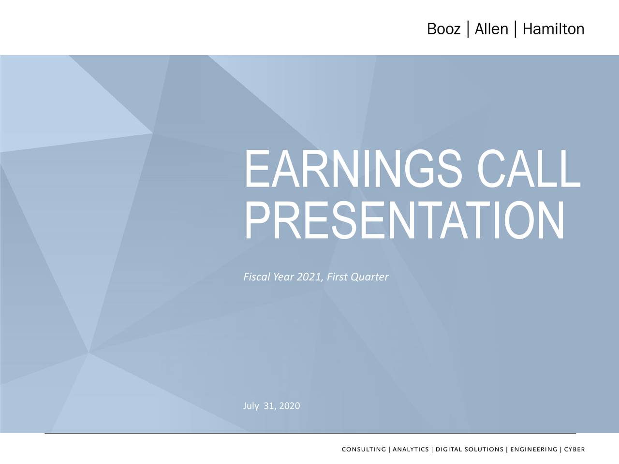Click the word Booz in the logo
pos(443,30)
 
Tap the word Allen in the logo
pos(491,30)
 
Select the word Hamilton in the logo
pos(553,30)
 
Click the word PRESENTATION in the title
pos(404,221)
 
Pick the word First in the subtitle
pos(337,277)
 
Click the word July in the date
pos(251,406)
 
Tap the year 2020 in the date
pos(290,406)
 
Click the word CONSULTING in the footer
pos(364,449)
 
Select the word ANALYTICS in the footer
pos(411,449)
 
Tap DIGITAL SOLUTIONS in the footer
pos(469,449)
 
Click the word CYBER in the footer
pos(574,449)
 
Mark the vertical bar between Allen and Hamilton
pos(516,29)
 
